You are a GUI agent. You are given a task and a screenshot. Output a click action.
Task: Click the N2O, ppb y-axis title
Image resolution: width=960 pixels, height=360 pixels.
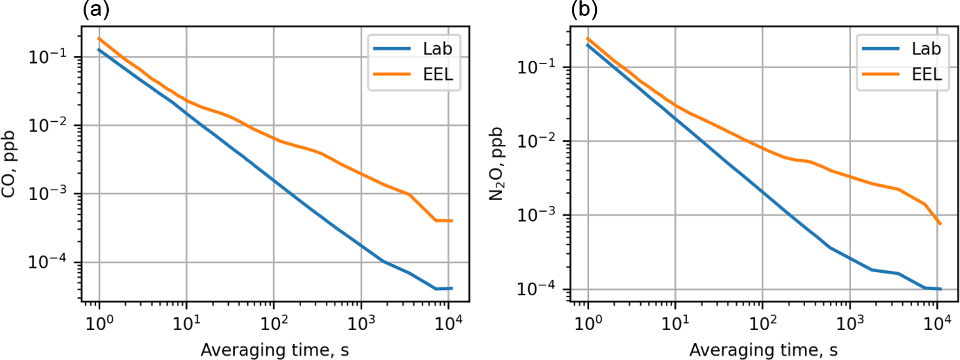tap(498, 164)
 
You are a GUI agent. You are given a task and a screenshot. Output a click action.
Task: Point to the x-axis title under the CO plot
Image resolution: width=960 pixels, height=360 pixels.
tap(275, 350)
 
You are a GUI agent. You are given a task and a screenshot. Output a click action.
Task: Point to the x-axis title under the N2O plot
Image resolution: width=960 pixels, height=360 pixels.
tap(763, 350)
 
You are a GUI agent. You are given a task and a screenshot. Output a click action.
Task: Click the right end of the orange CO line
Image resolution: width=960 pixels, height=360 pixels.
tap(452, 221)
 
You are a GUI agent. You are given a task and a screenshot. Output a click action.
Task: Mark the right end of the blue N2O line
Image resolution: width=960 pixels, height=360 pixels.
tap(941, 289)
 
